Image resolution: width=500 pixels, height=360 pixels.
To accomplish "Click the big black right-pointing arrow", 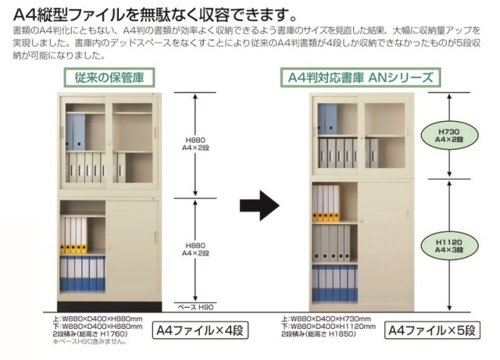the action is coord(259,205).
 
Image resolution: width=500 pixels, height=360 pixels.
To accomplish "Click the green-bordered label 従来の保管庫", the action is coord(109,77).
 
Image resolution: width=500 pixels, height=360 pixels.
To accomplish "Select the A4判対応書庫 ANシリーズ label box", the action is coord(360,77).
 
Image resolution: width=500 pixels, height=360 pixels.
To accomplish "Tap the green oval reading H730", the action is coord(449,136).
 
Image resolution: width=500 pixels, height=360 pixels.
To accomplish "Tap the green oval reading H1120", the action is coord(449,246).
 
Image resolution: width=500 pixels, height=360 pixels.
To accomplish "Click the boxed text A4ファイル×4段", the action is coord(200,330).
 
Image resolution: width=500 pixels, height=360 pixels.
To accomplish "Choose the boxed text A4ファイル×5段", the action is coord(432,330).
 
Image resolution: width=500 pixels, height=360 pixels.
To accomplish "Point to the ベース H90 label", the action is coord(195,308).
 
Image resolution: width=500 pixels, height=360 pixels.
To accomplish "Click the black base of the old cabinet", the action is coord(109,306).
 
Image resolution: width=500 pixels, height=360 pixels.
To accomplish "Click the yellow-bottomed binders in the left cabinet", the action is coord(73,235).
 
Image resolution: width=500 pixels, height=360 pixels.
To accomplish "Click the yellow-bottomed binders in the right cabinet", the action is coord(326,203).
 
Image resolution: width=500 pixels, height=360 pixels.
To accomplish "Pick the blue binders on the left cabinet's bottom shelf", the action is coord(83,273).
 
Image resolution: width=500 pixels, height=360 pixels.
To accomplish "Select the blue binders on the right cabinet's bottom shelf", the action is coord(335,283).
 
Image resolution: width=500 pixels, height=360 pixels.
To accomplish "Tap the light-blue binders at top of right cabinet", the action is coord(327,119).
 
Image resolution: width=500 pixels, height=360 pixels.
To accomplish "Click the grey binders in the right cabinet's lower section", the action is coord(331,243).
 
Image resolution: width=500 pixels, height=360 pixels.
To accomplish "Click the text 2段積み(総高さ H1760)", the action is coord(90,334).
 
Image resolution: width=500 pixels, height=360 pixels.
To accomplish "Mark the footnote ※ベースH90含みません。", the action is coord(90,342).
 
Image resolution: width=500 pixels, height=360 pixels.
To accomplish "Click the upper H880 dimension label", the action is coord(195,144).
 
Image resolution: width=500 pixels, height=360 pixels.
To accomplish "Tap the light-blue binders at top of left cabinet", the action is coord(76,132).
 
